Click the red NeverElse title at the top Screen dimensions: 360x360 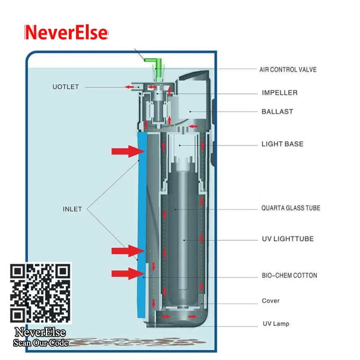click(x=66, y=33)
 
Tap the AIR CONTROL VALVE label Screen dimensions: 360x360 click(x=288, y=70)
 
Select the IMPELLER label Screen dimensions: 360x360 click(x=279, y=93)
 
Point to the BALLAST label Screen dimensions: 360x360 click(x=277, y=111)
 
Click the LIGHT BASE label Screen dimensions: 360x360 click(x=283, y=144)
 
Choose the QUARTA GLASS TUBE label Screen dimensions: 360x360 click(x=291, y=208)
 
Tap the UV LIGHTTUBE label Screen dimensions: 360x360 click(x=288, y=238)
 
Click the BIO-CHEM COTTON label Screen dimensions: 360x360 click(x=289, y=275)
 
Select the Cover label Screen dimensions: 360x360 click(x=270, y=301)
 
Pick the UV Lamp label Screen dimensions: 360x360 click(x=276, y=324)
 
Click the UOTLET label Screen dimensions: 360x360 click(x=66, y=87)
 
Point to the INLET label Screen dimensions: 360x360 click(x=72, y=209)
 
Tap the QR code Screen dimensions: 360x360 click(x=40, y=293)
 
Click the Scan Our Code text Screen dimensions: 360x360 click(x=40, y=343)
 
